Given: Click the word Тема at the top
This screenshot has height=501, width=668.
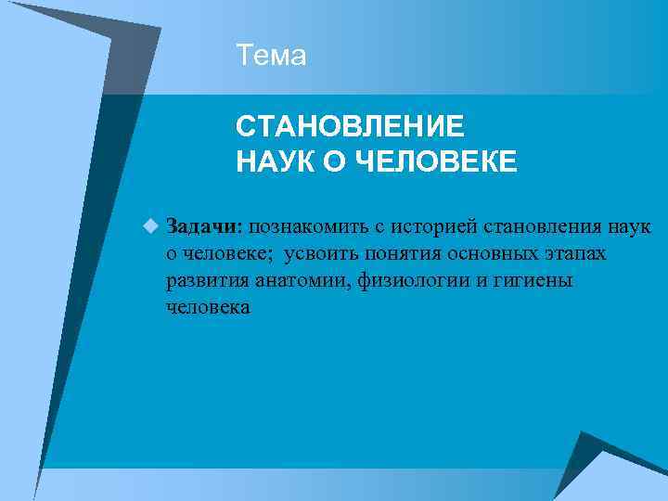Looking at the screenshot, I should [271, 57].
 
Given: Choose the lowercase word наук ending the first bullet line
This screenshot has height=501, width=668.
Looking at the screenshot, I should [630, 226].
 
